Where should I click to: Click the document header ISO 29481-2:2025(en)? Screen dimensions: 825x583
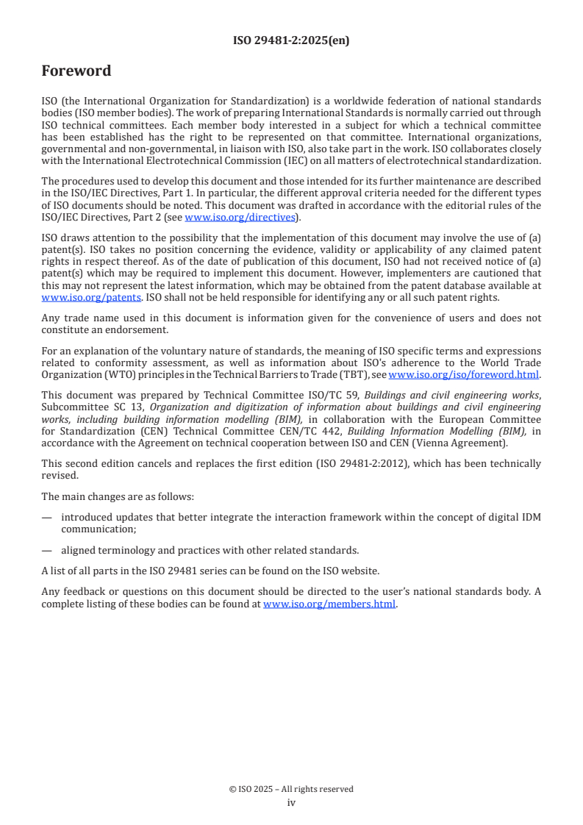coord(291,41)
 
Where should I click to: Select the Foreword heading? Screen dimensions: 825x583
coord(76,71)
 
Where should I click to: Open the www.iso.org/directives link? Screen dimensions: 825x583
coord(240,217)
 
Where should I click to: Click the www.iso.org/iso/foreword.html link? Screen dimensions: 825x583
coord(463,374)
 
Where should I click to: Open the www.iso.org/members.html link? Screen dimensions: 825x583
coord(329,604)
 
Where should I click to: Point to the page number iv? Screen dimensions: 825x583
coord(291,803)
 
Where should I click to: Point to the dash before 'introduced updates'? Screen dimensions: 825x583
coord(47,518)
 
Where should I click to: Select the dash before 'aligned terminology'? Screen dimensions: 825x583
coord(47,550)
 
